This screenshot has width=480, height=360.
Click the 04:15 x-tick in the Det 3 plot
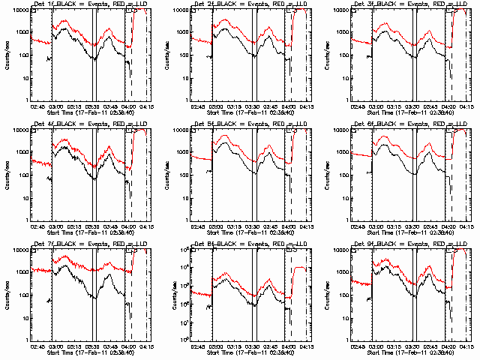pos(466,106)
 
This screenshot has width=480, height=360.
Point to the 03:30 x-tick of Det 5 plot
pos(252,226)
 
